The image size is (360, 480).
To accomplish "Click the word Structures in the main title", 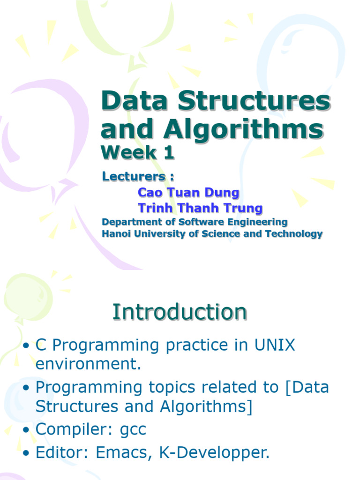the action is coord(254,101).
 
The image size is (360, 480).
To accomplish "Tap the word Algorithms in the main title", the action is coord(244,129).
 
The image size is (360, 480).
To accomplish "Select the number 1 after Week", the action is coord(169,152).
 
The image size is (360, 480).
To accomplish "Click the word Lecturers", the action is coord(134,176).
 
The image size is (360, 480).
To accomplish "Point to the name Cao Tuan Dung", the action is coord(188,193).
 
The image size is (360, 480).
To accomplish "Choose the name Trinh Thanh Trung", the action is coord(200,208).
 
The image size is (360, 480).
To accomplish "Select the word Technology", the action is coord(294,234).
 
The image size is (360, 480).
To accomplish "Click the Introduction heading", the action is coord(180,312).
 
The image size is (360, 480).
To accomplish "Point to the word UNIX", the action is coord(275,345).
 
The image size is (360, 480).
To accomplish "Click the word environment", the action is coord(88,364).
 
